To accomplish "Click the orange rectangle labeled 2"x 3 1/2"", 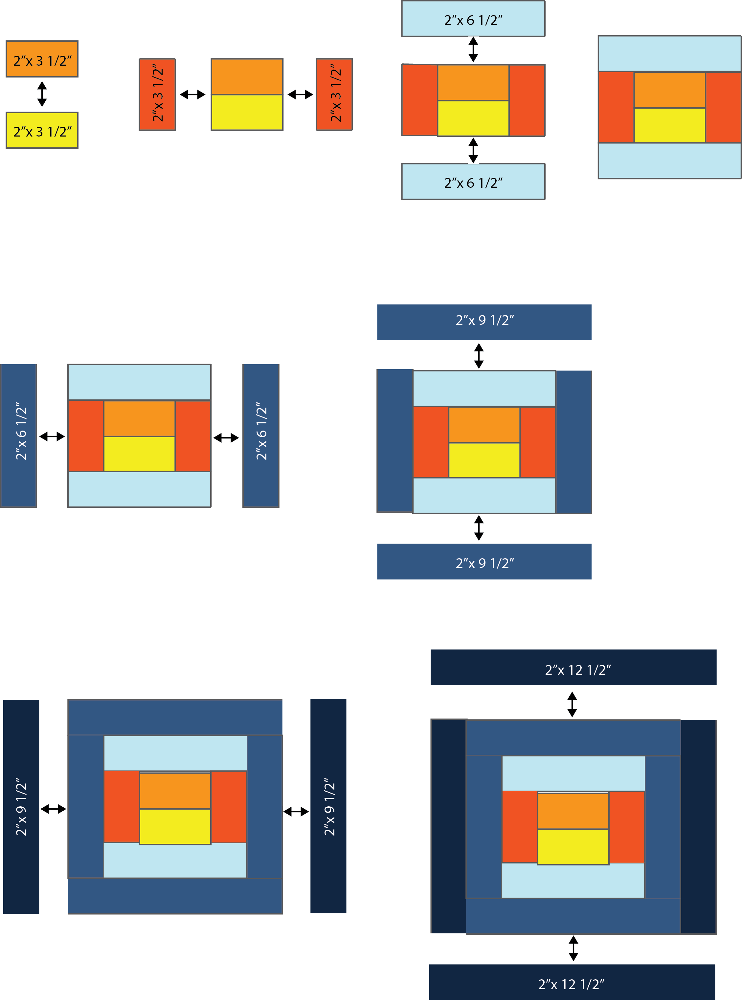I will point(42,59).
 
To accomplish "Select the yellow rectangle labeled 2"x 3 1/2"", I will point(42,130).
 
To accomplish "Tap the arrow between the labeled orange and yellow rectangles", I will point(42,94).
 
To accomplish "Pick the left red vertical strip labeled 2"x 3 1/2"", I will point(157,94).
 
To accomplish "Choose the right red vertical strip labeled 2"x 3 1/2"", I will point(334,94).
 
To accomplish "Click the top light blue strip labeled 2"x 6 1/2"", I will point(473,19).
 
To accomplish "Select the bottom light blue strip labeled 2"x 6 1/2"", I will point(473,181).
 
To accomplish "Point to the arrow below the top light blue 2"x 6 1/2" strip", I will point(473,49).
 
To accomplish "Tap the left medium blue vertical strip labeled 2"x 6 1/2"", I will point(19,436).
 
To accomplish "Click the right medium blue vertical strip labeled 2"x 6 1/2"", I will point(261,436).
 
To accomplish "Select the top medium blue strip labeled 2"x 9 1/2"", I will point(484,322).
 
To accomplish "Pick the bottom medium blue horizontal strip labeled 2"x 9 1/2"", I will point(484,562).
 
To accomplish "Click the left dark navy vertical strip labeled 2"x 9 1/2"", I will point(21,807).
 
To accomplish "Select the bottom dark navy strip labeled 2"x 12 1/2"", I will point(572,982).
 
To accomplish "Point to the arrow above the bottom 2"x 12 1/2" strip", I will point(573,948).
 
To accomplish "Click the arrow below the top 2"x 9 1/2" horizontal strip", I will point(479,356).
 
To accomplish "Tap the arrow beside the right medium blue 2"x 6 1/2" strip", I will point(226,437).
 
